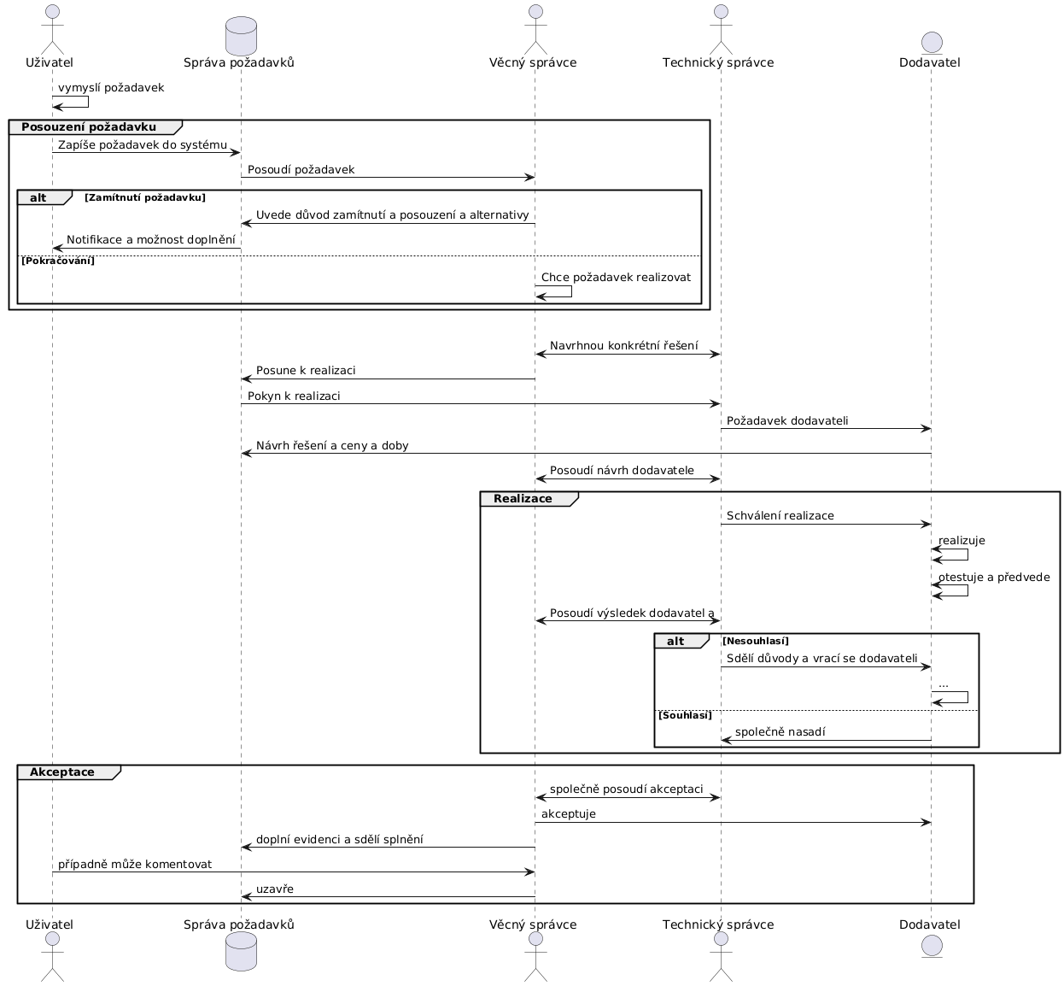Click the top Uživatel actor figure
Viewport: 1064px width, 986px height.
[52, 27]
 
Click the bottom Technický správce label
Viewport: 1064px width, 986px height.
[718, 924]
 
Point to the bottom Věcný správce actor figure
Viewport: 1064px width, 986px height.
[535, 958]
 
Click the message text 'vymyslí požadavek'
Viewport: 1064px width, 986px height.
[111, 88]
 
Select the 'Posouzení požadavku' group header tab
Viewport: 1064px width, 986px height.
[89, 127]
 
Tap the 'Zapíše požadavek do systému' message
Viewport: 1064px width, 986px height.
[143, 145]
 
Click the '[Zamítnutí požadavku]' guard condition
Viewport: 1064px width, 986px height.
[145, 198]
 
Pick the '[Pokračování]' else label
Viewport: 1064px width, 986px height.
[57, 261]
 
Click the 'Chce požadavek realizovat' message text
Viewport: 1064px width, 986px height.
[616, 278]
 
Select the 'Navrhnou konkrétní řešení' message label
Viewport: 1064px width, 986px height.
[623, 346]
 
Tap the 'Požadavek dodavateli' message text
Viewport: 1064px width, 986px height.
[787, 421]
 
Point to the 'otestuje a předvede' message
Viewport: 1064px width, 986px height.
[994, 578]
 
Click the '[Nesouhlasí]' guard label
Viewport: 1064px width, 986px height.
[756, 642]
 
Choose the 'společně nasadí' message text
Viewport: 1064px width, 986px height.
[780, 733]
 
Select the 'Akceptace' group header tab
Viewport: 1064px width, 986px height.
[62, 772]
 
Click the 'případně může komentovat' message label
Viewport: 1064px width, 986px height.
[135, 865]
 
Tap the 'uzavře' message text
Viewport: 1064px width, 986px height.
[275, 889]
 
